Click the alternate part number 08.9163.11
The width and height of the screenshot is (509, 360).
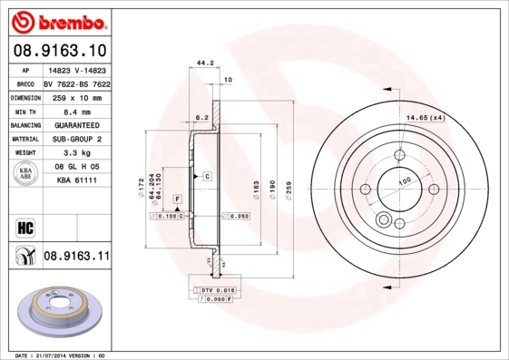click(76, 258)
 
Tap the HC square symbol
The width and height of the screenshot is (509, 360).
click(23, 225)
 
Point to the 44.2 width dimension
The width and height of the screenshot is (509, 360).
click(204, 63)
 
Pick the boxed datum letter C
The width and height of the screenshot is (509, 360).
click(207, 175)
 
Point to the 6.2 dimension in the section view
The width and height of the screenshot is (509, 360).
click(202, 117)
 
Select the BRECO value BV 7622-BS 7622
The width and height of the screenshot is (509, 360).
click(76, 82)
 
